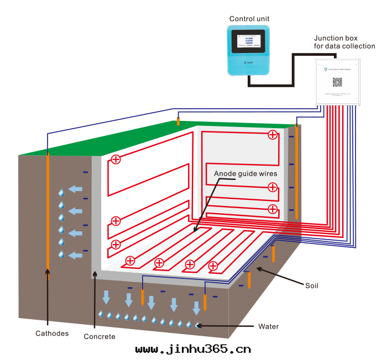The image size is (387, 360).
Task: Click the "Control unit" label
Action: click(x=249, y=19)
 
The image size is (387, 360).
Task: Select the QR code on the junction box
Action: click(x=337, y=82)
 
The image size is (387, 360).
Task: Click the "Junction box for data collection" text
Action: click(x=344, y=43)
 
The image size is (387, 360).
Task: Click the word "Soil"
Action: click(x=312, y=285)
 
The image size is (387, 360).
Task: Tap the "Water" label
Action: click(x=269, y=326)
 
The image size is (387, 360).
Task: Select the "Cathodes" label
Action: click(x=52, y=333)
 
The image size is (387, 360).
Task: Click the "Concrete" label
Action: click(x=100, y=336)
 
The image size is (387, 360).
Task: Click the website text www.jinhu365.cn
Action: click(x=193, y=349)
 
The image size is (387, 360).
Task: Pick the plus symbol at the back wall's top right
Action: click(x=273, y=135)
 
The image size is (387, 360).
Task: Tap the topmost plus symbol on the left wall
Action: click(x=116, y=160)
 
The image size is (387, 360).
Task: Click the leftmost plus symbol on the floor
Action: click(x=130, y=261)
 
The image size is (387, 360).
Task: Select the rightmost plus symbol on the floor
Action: click(x=213, y=267)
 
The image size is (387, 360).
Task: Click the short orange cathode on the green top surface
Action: click(x=178, y=121)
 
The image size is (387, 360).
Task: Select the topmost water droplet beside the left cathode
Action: click(x=61, y=193)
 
